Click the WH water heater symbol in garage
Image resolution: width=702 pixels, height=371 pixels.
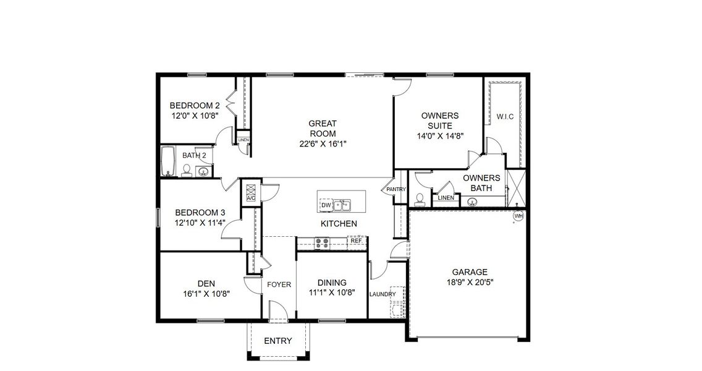click(518, 216)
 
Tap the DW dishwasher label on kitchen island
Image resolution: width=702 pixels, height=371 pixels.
click(326, 205)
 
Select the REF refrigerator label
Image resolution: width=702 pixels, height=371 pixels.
click(356, 241)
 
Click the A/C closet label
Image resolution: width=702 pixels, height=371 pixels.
click(251, 198)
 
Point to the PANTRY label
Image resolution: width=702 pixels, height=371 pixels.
click(395, 189)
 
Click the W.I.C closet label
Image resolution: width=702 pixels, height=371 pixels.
click(505, 117)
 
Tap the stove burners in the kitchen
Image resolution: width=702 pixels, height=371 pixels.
click(322, 243)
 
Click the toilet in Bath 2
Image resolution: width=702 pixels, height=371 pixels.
click(187, 170)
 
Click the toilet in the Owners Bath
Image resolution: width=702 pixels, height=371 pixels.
click(420, 198)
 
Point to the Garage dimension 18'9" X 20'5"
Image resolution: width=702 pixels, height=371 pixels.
click(470, 281)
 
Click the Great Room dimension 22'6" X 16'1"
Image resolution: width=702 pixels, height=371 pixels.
click(323, 143)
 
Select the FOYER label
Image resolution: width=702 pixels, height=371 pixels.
click(279, 285)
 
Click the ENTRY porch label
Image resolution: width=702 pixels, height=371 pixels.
click(277, 341)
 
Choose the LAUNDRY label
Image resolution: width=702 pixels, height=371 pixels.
click(383, 294)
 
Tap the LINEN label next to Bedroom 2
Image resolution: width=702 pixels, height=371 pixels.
click(243, 140)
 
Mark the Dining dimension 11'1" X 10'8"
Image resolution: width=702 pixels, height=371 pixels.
click(332, 293)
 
